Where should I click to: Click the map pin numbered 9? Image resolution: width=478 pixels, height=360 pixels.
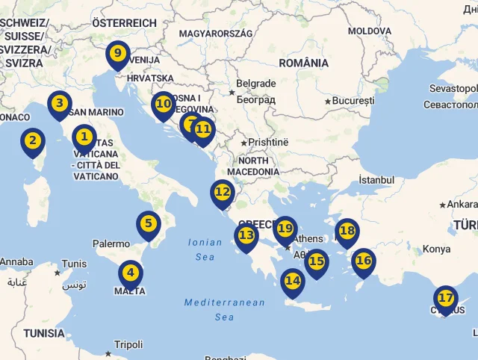click(x=117, y=54)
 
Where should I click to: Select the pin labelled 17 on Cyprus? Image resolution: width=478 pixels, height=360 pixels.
click(x=446, y=299)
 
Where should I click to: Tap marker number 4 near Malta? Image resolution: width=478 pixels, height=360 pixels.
click(x=130, y=273)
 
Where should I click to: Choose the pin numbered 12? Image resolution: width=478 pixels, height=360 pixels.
click(x=223, y=191)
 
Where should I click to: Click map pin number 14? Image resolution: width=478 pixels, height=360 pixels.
click(x=293, y=281)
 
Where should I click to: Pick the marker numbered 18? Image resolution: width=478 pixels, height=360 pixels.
click(x=347, y=231)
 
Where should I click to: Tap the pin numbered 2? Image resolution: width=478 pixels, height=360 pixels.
click(x=31, y=140)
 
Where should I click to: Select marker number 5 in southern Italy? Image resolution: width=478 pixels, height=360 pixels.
click(x=149, y=223)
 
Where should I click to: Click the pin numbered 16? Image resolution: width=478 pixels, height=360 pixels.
click(x=364, y=261)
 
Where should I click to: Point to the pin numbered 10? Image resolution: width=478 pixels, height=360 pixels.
click(x=163, y=105)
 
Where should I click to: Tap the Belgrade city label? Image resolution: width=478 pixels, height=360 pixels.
click(x=255, y=84)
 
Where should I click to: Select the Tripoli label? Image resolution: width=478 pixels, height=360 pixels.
click(x=128, y=345)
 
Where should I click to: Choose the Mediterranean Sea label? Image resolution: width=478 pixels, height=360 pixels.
click(x=224, y=309)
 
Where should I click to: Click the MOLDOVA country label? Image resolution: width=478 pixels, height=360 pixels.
click(x=369, y=31)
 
